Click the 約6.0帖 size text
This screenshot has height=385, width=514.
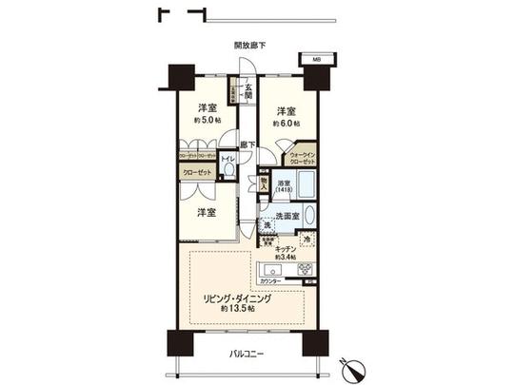click(x=287, y=124)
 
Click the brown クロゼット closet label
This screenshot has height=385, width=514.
click(x=197, y=173)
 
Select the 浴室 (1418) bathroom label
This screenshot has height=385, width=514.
click(x=282, y=186)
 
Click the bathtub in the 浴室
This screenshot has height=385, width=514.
click(x=304, y=188)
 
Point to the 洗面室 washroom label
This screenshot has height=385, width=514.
click(x=288, y=217)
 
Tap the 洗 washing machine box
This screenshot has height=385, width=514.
click(x=267, y=224)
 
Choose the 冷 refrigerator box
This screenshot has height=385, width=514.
click(x=306, y=240)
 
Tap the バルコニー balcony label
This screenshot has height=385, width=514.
click(x=246, y=355)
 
